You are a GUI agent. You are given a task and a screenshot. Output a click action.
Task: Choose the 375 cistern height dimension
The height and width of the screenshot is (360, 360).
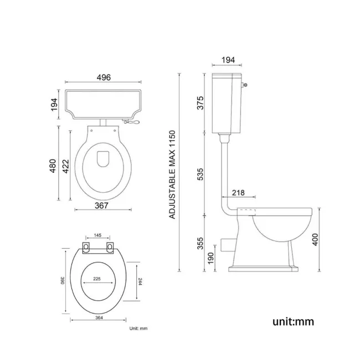(200, 104)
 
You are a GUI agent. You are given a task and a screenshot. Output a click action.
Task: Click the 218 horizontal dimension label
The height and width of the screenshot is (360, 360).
(238, 192)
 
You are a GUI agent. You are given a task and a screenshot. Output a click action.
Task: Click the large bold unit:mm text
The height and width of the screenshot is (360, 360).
(292, 320)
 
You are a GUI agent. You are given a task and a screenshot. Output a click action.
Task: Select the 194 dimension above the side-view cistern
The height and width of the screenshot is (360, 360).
(227, 60)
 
